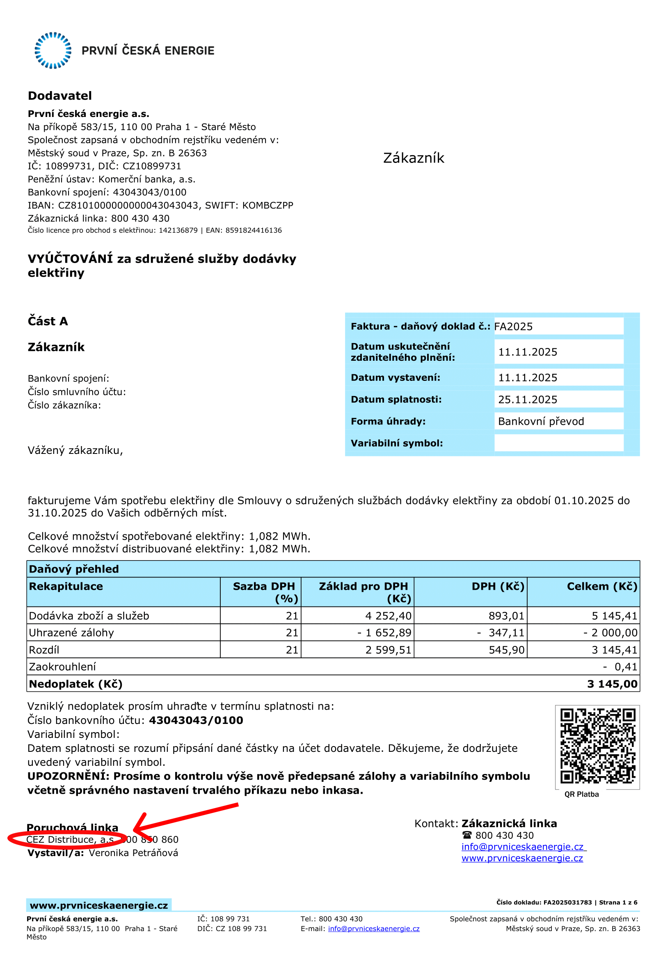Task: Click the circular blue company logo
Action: [53, 50]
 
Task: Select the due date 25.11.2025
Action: [527, 399]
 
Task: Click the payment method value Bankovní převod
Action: [541, 421]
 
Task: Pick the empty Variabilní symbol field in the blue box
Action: [558, 443]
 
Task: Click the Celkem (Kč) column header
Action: [602, 586]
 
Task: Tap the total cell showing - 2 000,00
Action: [610, 633]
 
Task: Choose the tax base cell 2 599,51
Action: [388, 650]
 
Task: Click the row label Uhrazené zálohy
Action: [71, 633]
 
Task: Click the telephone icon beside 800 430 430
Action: [467, 835]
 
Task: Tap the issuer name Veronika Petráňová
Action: [133, 853]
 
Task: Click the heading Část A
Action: [48, 321]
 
